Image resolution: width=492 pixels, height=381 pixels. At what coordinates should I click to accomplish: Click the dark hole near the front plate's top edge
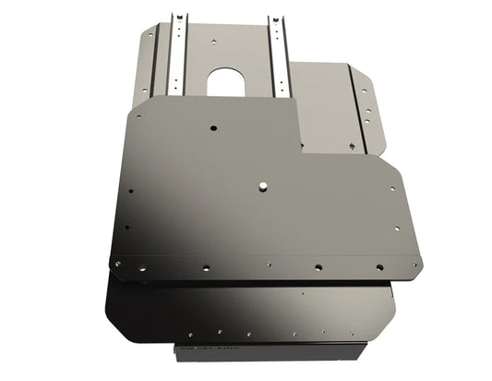(213, 127)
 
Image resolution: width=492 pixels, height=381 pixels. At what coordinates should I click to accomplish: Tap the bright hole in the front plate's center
(263, 185)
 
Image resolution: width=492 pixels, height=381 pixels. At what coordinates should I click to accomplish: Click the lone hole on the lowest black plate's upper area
(301, 294)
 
